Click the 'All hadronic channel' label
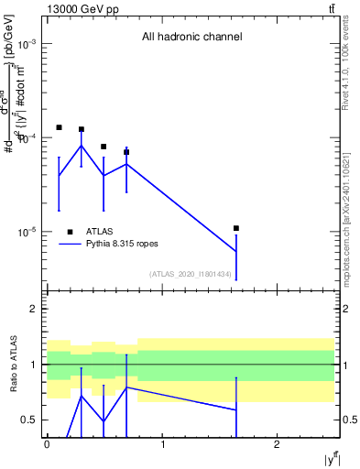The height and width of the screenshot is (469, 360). (191, 38)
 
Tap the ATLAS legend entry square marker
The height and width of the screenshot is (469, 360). (71, 232)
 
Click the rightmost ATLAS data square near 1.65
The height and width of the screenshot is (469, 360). (236, 228)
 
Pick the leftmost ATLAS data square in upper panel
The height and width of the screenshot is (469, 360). (59, 127)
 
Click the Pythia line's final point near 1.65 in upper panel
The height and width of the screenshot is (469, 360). (236, 251)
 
